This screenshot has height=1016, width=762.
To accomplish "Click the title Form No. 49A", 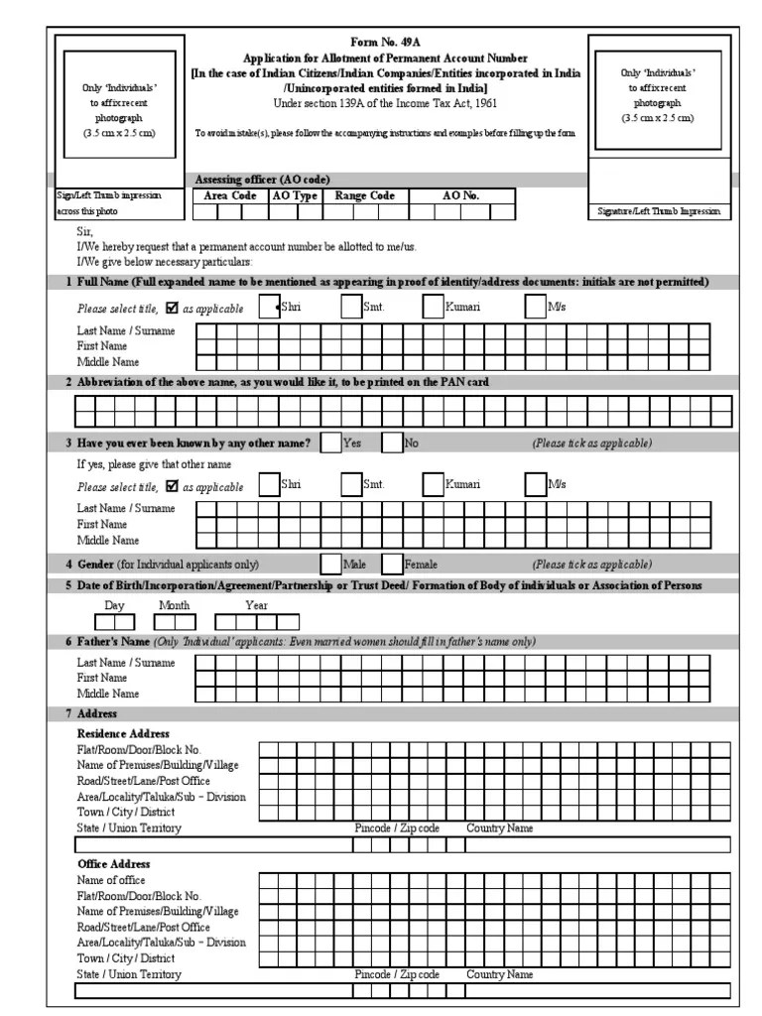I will pos(385,45).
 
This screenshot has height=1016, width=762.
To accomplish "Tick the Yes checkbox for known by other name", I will pos(330,444).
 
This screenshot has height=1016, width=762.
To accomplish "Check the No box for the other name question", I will pos(393,444).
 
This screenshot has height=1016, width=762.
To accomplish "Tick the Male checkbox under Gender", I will pos(330,565).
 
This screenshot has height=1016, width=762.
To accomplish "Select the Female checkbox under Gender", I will pos(393,565).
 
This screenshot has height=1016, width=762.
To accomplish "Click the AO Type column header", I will pos(294,196).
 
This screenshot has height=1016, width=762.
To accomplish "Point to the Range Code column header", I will pos(364,196).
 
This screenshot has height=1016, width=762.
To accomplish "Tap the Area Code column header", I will pos(230,196).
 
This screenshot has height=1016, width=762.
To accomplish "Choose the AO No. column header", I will pos(460,196).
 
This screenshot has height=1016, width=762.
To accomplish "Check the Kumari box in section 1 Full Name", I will pos(433,308).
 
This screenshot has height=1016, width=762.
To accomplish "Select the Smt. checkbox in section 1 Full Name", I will pos(351,308).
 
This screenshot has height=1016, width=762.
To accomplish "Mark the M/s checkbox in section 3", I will pos(535,484).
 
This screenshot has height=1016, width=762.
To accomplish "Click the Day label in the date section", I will pos(115,605).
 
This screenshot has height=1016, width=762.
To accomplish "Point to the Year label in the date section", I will pos(256,605).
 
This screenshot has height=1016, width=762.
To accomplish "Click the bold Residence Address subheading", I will pos(123,733).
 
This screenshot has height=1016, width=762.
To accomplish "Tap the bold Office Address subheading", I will pos(114,864).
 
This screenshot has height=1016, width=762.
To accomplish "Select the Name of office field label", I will pos(111,880).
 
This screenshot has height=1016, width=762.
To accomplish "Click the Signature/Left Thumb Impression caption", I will pos(658,212).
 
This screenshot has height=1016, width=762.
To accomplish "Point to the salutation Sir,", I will pos(84,231).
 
